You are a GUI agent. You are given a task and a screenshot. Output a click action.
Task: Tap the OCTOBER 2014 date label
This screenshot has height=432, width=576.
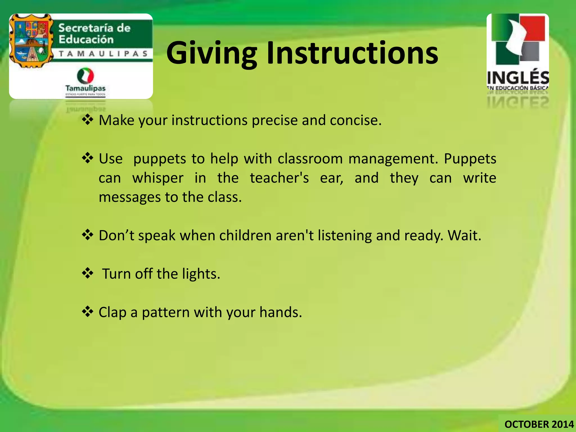point(539,424)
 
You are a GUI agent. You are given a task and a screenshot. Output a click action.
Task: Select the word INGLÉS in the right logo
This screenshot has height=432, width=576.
point(518,78)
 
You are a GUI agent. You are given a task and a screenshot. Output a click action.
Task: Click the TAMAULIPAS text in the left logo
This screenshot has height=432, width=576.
point(103,54)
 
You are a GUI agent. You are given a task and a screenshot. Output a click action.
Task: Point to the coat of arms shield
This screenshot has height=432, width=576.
point(31,41)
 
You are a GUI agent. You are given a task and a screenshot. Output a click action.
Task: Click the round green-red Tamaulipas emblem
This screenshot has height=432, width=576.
point(85,75)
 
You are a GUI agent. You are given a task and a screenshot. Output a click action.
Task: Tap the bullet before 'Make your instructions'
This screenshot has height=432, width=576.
point(87,120)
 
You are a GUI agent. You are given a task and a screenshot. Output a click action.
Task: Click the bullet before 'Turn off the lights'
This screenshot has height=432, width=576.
point(87,273)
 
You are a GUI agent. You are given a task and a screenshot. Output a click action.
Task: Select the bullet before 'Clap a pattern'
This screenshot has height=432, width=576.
point(87,312)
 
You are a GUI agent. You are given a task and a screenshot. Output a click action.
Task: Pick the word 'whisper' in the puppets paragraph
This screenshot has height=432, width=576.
point(158,178)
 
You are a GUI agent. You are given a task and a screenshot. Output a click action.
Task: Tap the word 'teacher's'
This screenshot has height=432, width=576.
point(279,178)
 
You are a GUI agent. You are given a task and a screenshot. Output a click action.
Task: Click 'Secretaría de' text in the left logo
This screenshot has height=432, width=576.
point(94,28)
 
